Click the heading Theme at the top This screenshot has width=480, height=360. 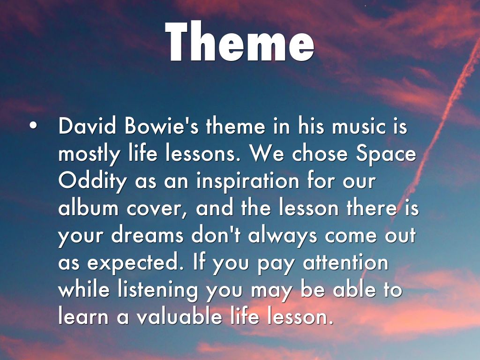point(240,41)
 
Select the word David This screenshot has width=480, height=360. point(87,125)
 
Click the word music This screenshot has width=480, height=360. point(359,125)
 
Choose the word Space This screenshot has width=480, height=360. point(386,154)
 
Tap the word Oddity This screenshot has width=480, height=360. point(92,181)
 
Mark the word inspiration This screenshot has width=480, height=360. point(247,180)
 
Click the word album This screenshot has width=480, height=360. point(88,207)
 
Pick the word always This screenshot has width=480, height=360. point(283,236)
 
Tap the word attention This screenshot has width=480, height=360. point(345,262)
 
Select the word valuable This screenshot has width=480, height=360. point(179,316)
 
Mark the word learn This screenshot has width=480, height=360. point(83,316)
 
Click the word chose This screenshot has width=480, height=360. point(320,153)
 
